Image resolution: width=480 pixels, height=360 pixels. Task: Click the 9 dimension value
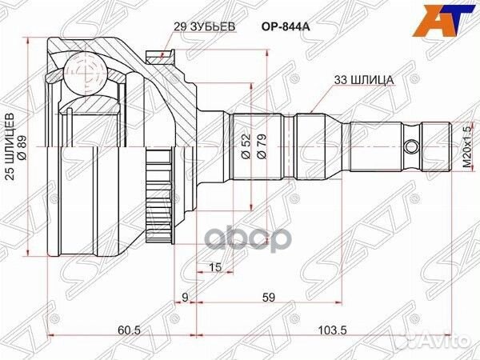click(x=185, y=298)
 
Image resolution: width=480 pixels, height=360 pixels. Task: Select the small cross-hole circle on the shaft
click(x=411, y=148)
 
